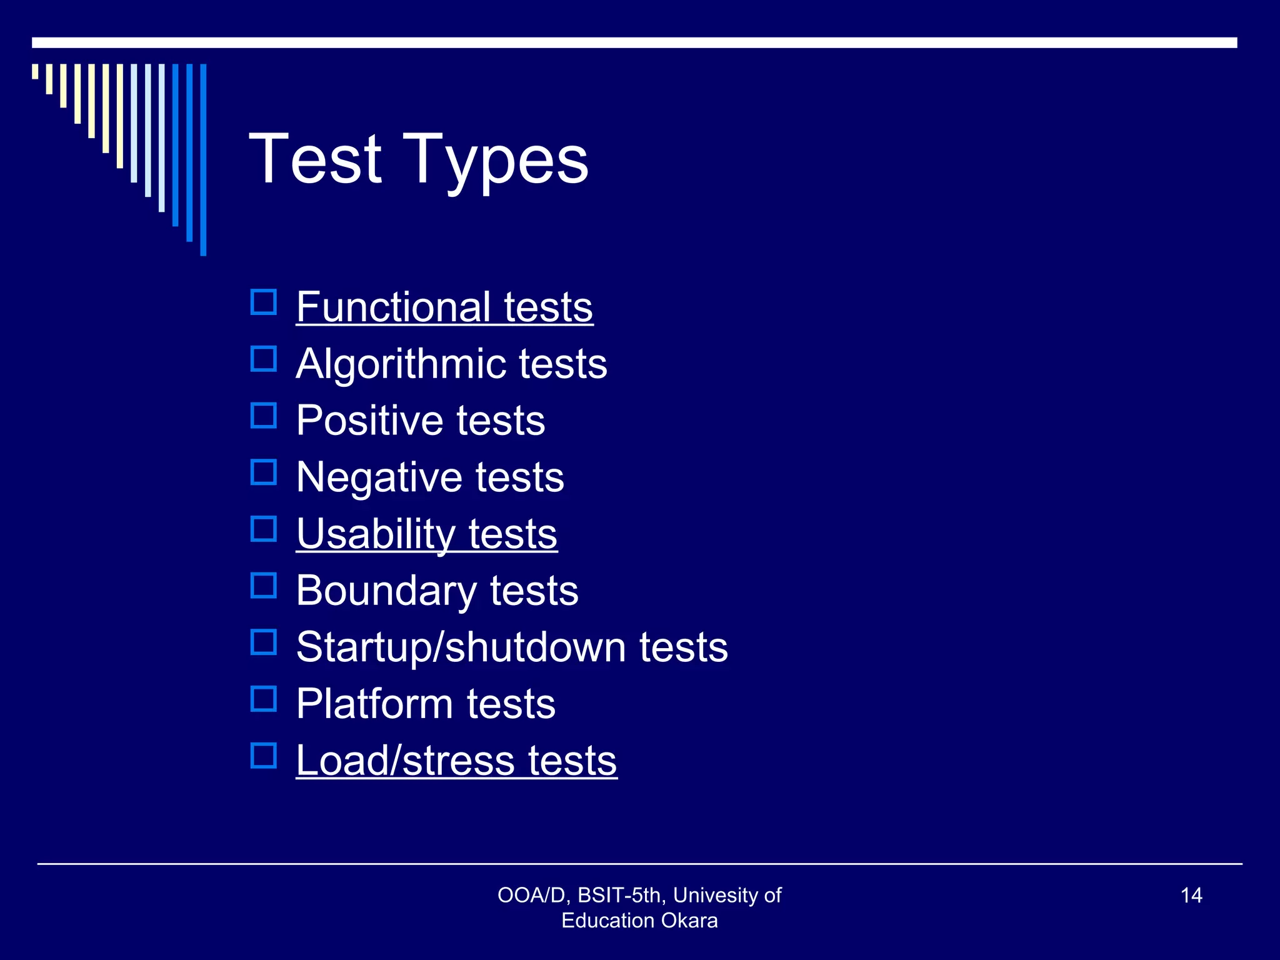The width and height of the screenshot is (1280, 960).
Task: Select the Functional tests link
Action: (444, 307)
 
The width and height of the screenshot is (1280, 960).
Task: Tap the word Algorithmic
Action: (398, 364)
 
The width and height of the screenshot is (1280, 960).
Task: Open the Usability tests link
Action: (426, 534)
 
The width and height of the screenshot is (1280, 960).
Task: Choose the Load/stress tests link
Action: (456, 761)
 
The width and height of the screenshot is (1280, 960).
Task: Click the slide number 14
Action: (1191, 896)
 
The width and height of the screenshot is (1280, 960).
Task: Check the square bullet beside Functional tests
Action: (264, 302)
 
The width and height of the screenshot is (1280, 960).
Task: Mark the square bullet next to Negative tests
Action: (264, 472)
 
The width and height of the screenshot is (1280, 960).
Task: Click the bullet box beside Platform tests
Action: (264, 699)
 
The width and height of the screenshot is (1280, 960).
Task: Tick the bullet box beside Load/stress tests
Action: (264, 756)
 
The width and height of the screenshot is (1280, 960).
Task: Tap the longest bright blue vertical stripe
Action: (203, 159)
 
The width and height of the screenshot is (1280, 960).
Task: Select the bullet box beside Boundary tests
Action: (264, 586)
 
